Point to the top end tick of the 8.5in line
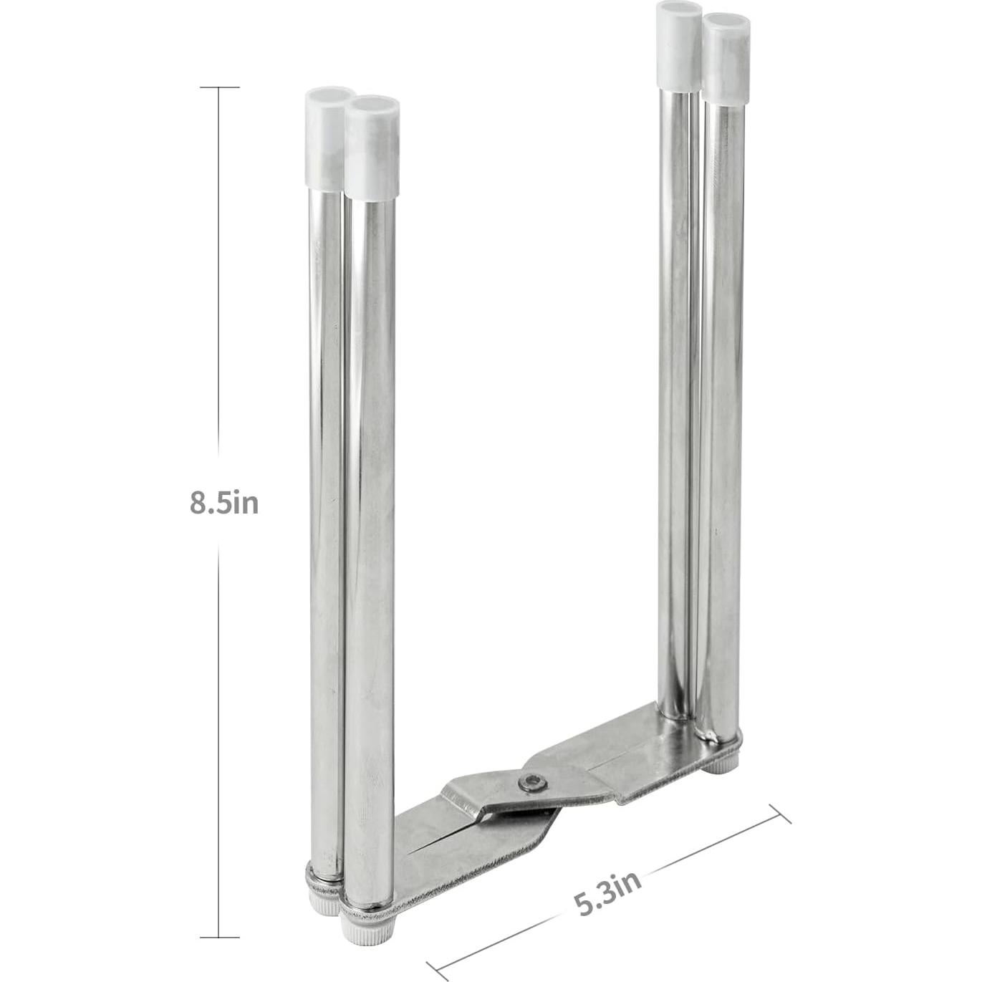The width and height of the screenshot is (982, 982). pyautogui.click(x=219, y=87)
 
